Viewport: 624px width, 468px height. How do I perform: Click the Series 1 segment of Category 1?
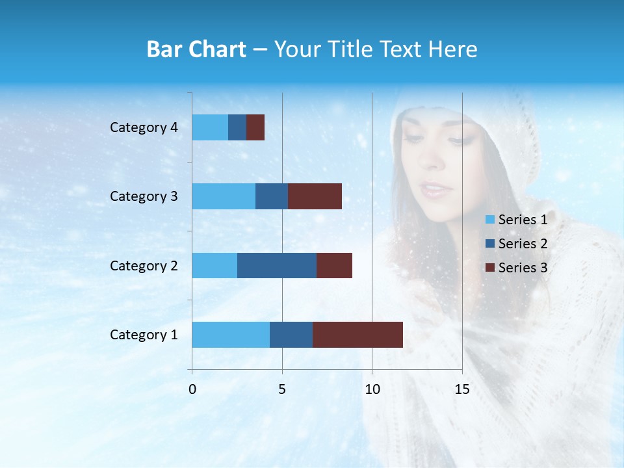pos(231,334)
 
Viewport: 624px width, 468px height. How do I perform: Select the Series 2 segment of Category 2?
pos(277,265)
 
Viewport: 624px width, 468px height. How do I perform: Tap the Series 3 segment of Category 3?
pos(315,196)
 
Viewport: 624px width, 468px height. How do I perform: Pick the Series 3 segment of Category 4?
pos(255,127)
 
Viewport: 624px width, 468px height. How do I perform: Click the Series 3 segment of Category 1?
pos(357,334)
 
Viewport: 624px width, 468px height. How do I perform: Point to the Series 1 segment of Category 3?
pos(224,196)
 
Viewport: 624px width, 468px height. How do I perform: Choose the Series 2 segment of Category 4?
pos(237,127)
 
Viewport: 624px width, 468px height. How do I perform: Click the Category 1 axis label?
pos(144,335)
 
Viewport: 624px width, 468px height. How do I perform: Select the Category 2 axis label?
pos(144,266)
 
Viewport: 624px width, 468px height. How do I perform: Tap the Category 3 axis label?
pos(144,196)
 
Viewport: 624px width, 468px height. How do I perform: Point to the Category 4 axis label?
pos(144,127)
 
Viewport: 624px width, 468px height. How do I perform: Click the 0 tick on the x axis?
pos(192,389)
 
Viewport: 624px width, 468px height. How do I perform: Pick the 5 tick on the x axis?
pos(282,389)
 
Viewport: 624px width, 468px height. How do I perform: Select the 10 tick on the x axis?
pos(372,389)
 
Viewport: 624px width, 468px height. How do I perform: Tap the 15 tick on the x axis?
pos(462,389)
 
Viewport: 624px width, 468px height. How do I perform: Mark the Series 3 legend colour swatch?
pos(490,268)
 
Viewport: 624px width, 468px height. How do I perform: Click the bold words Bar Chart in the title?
pos(196,49)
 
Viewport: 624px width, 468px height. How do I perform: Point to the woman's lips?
pos(434,189)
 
